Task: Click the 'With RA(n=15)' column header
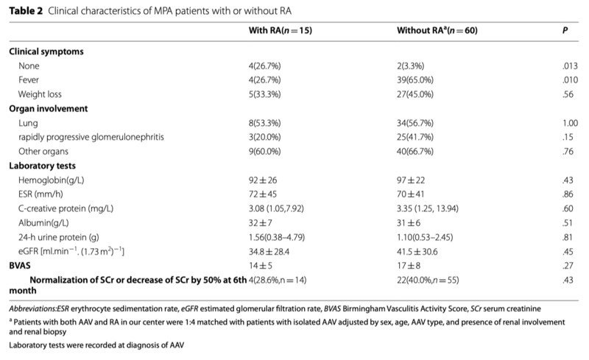click(281, 30)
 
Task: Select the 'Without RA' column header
click(437, 30)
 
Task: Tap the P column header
click(565, 30)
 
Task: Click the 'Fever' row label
click(29, 80)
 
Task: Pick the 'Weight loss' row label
click(40, 94)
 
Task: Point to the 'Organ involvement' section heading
click(48, 109)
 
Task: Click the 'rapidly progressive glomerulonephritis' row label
click(91, 137)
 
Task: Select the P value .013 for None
click(570, 66)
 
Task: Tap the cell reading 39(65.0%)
click(415, 80)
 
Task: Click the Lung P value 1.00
click(570, 123)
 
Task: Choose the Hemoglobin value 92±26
click(263, 180)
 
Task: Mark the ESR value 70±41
click(411, 194)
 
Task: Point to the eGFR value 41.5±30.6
click(417, 251)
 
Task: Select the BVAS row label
click(20, 266)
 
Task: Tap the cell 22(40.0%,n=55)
click(428, 280)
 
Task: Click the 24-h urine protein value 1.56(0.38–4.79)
click(277, 237)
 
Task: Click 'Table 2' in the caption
click(26, 11)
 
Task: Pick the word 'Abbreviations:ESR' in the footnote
click(39, 309)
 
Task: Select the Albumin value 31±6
click(409, 223)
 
